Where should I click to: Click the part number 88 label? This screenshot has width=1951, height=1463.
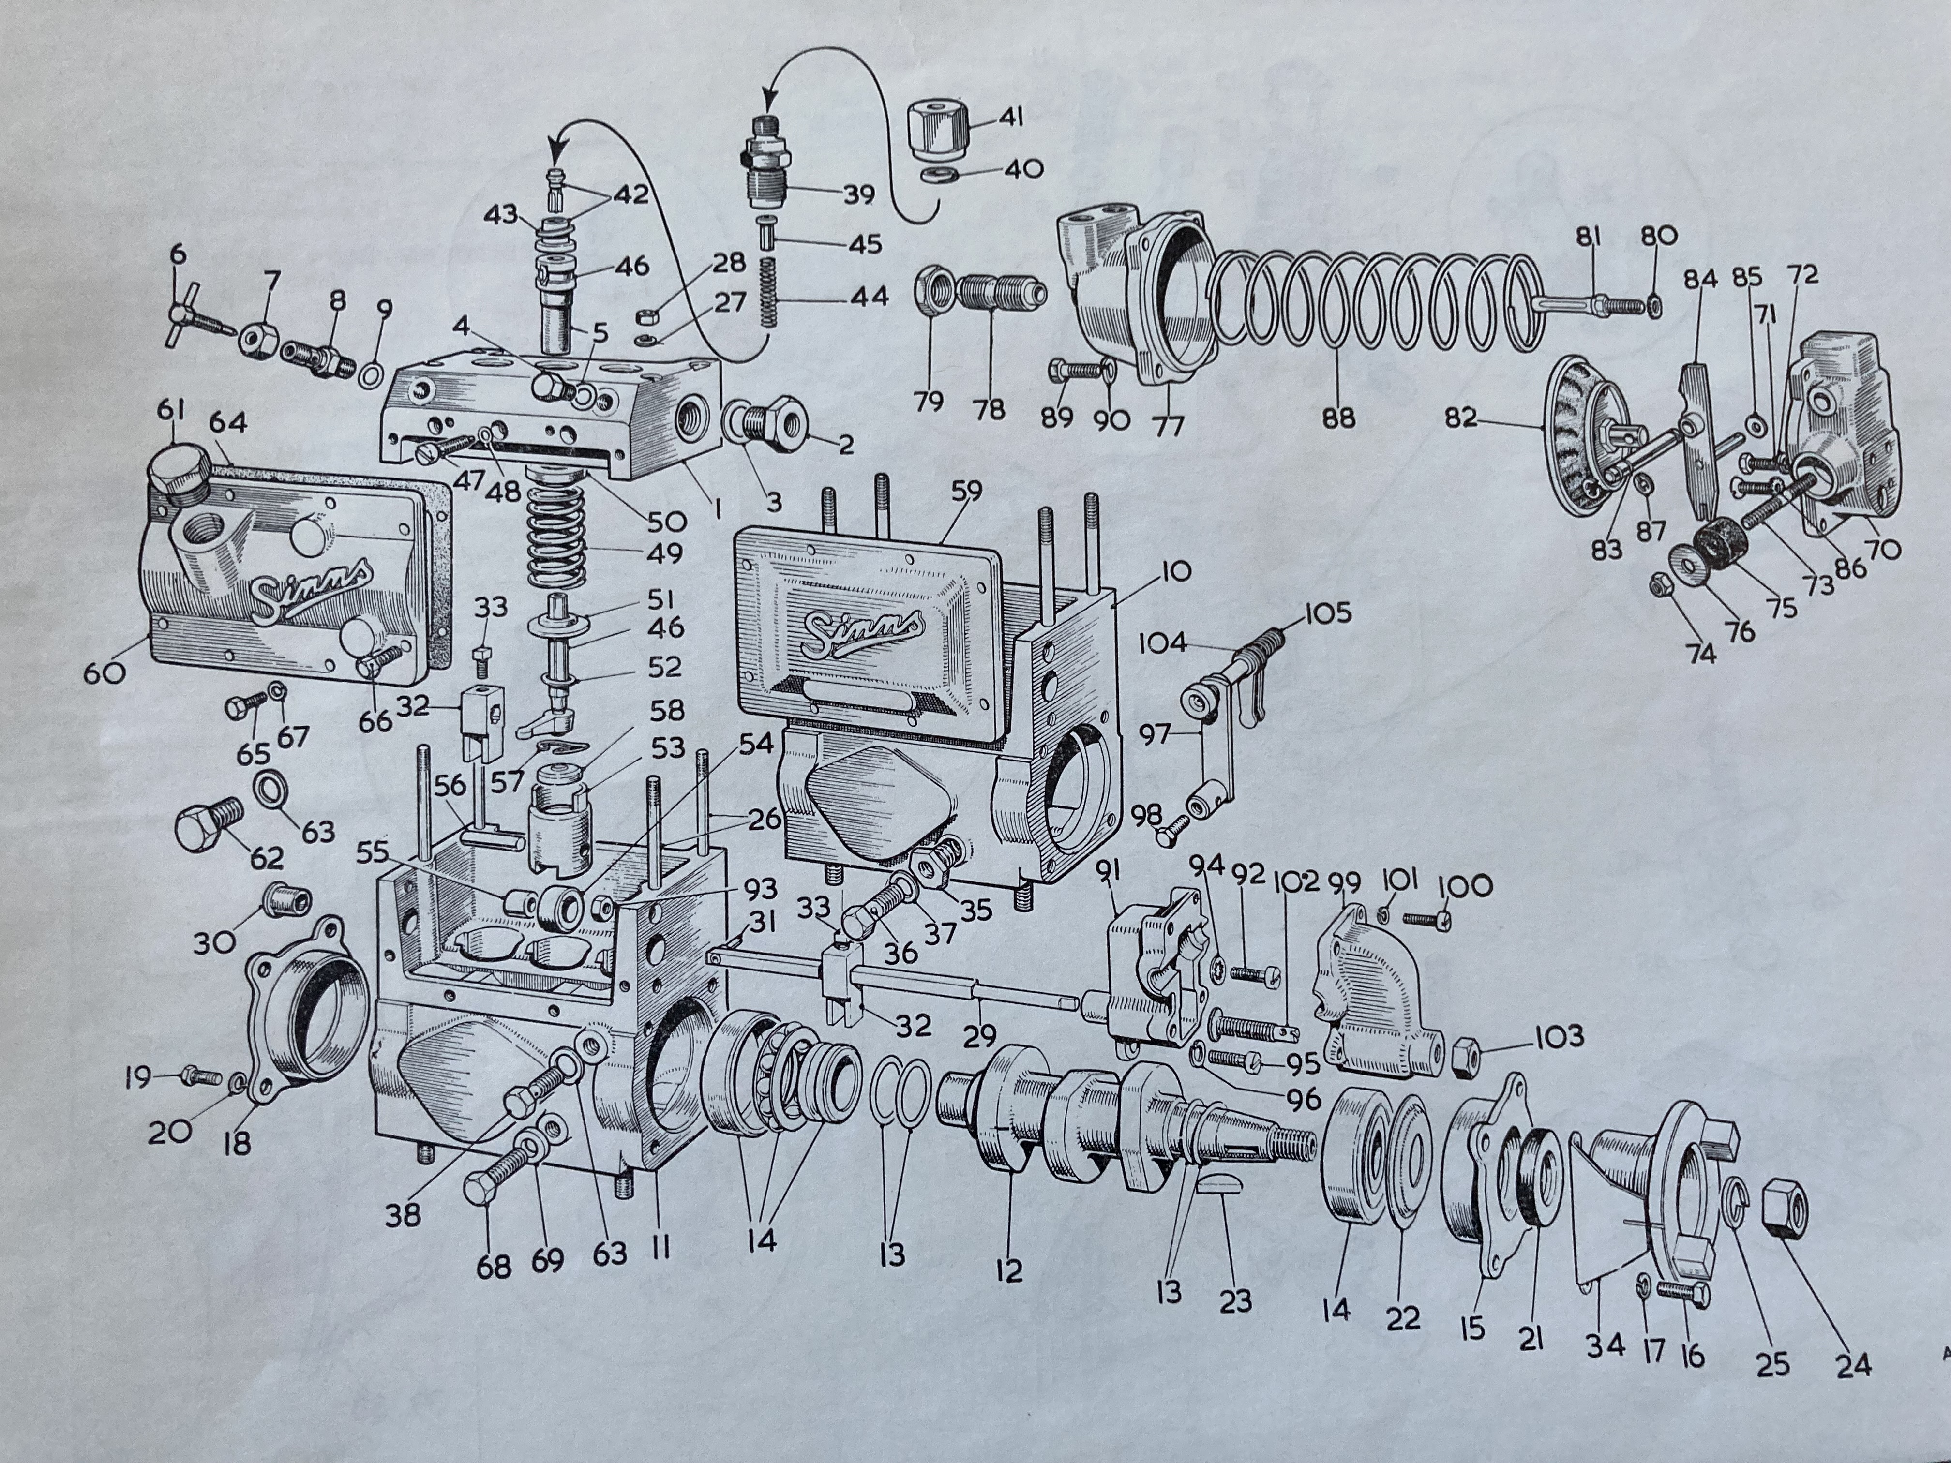click(1338, 416)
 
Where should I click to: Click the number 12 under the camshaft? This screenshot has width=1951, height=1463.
click(1009, 1270)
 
